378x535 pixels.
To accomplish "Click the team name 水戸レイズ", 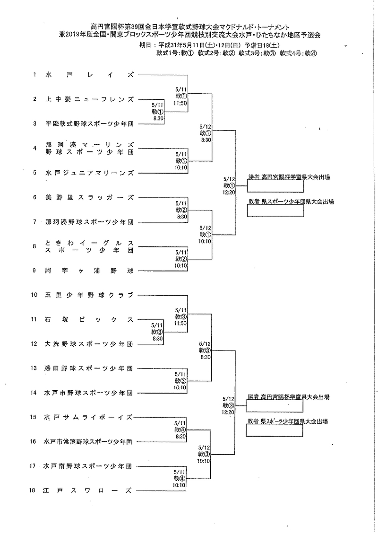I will coord(89,75).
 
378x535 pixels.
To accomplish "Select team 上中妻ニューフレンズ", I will coord(89,99).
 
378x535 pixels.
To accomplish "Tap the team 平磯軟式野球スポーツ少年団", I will coord(89,124).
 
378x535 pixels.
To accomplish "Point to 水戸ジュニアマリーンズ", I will coord(89,173).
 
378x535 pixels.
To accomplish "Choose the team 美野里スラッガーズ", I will coord(89,197).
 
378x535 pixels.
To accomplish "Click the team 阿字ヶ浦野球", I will coord(89,271).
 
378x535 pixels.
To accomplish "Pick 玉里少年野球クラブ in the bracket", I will coord(89,295).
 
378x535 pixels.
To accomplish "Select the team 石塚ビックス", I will coord(89,319).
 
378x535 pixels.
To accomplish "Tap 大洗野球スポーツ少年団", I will coord(89,344).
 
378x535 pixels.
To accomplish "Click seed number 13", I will coord(34,368).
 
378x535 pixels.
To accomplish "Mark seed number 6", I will coord(34,197).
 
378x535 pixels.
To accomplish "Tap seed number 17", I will coord(33,466).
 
